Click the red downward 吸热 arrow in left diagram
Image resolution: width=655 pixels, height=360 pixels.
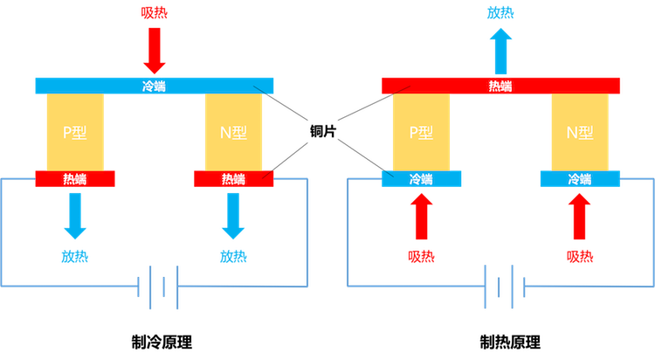[154, 51]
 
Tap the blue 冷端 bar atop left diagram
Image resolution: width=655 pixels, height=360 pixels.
[154, 86]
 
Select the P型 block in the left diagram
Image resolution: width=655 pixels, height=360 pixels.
[75, 133]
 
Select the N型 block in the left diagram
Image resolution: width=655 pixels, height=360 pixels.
[233, 133]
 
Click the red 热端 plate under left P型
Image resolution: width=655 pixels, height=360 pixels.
[75, 179]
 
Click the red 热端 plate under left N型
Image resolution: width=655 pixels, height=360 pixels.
[233, 179]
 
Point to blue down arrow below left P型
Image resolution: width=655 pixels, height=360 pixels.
[75, 214]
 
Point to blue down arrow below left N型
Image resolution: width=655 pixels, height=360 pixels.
[233, 214]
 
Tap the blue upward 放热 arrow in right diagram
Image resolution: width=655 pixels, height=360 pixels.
[500, 51]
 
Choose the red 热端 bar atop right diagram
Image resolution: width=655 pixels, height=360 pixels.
[500, 86]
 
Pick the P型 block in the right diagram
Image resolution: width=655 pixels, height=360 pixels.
[421, 133]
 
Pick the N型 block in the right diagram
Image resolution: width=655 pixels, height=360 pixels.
[580, 133]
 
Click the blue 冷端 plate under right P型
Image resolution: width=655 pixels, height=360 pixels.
[421, 179]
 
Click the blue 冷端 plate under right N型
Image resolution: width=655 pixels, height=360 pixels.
[580, 179]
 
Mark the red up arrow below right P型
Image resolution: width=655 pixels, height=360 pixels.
[421, 216]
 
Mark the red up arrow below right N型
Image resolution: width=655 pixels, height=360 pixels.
[580, 216]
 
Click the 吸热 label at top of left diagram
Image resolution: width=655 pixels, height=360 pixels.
[154, 12]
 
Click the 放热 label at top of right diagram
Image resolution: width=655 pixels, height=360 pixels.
[500, 12]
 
